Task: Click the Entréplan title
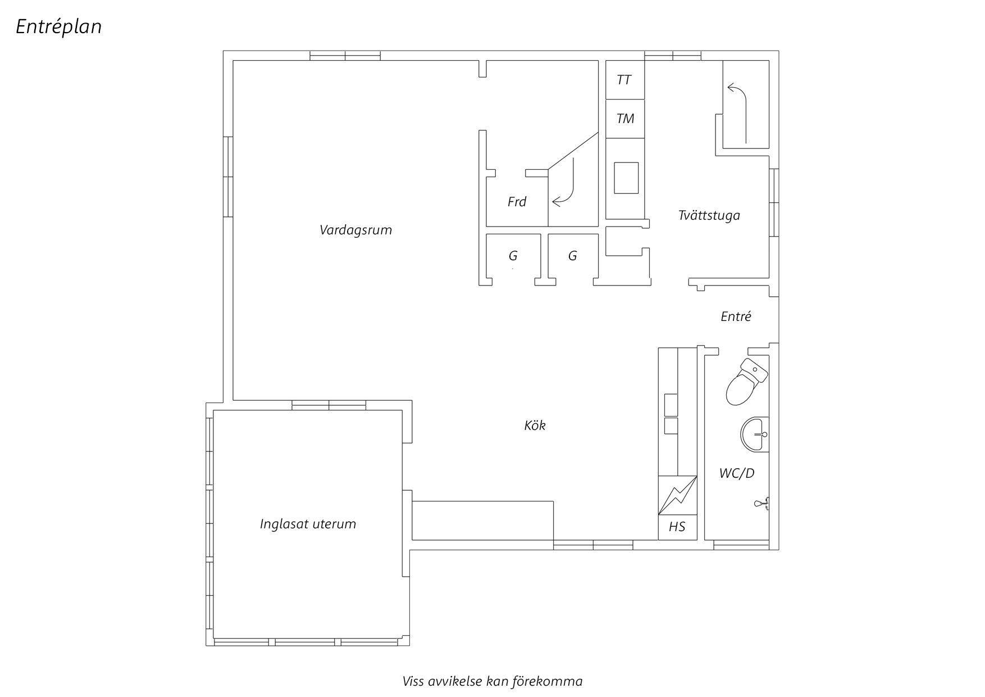tap(58, 27)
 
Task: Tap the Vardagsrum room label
tap(355, 230)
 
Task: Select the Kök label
tap(535, 426)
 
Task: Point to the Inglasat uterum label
tap(308, 524)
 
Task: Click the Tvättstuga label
tap(709, 215)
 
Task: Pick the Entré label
tap(736, 316)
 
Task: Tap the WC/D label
tap(737, 473)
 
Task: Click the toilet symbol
tap(746, 382)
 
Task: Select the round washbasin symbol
tap(754, 435)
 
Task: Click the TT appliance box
tap(624, 80)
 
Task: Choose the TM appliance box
tap(624, 119)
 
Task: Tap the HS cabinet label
tap(677, 527)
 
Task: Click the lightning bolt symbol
tap(677, 495)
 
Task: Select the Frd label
tap(517, 202)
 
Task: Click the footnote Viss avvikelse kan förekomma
tap(492, 681)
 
